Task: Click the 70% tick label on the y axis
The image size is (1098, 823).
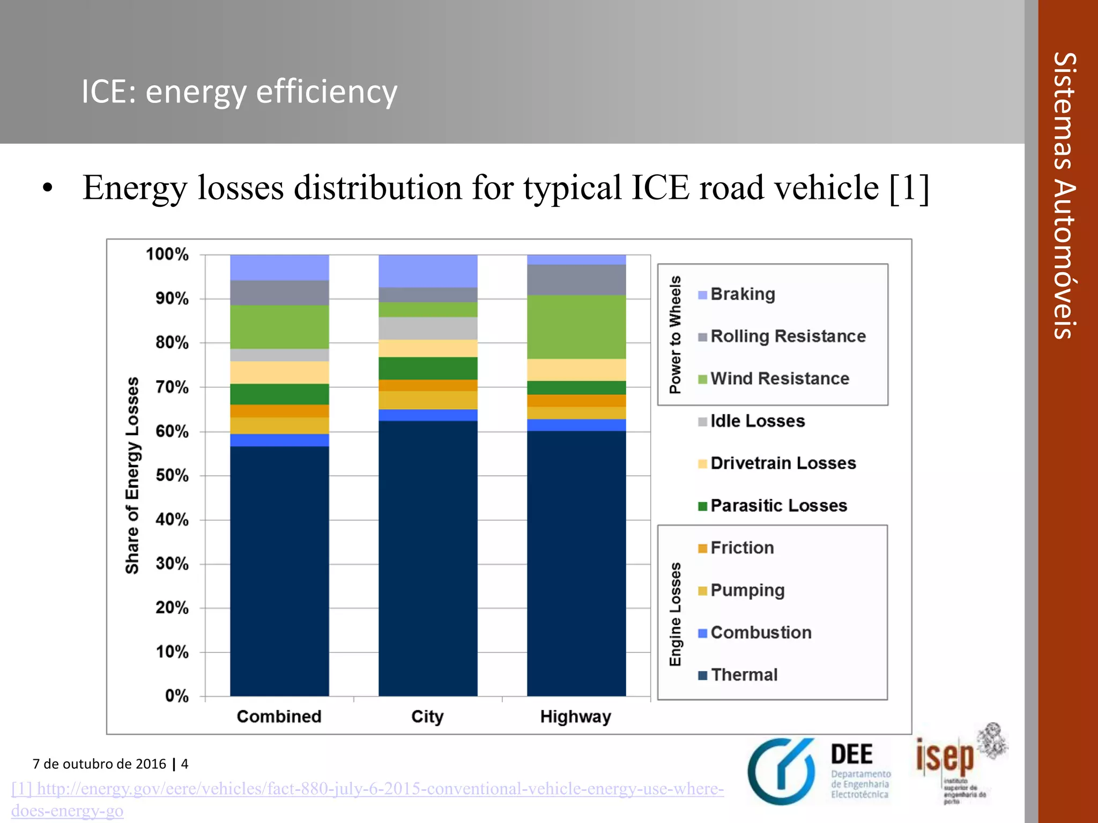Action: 172,387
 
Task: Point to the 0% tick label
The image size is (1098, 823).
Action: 176,696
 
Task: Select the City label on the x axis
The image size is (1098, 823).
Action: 427,717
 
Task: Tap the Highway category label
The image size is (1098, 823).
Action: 575,717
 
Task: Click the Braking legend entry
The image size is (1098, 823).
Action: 742,294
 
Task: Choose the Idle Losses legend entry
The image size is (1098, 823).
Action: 756,421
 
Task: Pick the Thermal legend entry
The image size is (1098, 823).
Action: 744,675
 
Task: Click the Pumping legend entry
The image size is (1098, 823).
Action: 747,590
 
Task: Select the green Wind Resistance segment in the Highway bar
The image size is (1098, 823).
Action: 576,327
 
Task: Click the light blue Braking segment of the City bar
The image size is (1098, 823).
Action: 428,271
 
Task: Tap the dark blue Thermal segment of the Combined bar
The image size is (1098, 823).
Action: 279,571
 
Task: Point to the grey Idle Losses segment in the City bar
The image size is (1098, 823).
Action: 428,328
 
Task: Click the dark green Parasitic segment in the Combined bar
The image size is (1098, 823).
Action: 279,394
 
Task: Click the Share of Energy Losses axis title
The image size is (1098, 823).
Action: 132,475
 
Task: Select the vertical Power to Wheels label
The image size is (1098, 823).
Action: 675,334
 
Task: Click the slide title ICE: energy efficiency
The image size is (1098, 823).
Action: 239,92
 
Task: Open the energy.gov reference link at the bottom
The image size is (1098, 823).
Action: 367,790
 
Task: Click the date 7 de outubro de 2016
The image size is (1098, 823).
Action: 99,764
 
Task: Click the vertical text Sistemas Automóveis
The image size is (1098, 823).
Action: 1065,196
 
